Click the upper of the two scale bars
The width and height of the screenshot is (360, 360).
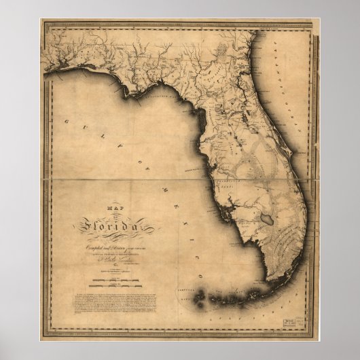[110, 276]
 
